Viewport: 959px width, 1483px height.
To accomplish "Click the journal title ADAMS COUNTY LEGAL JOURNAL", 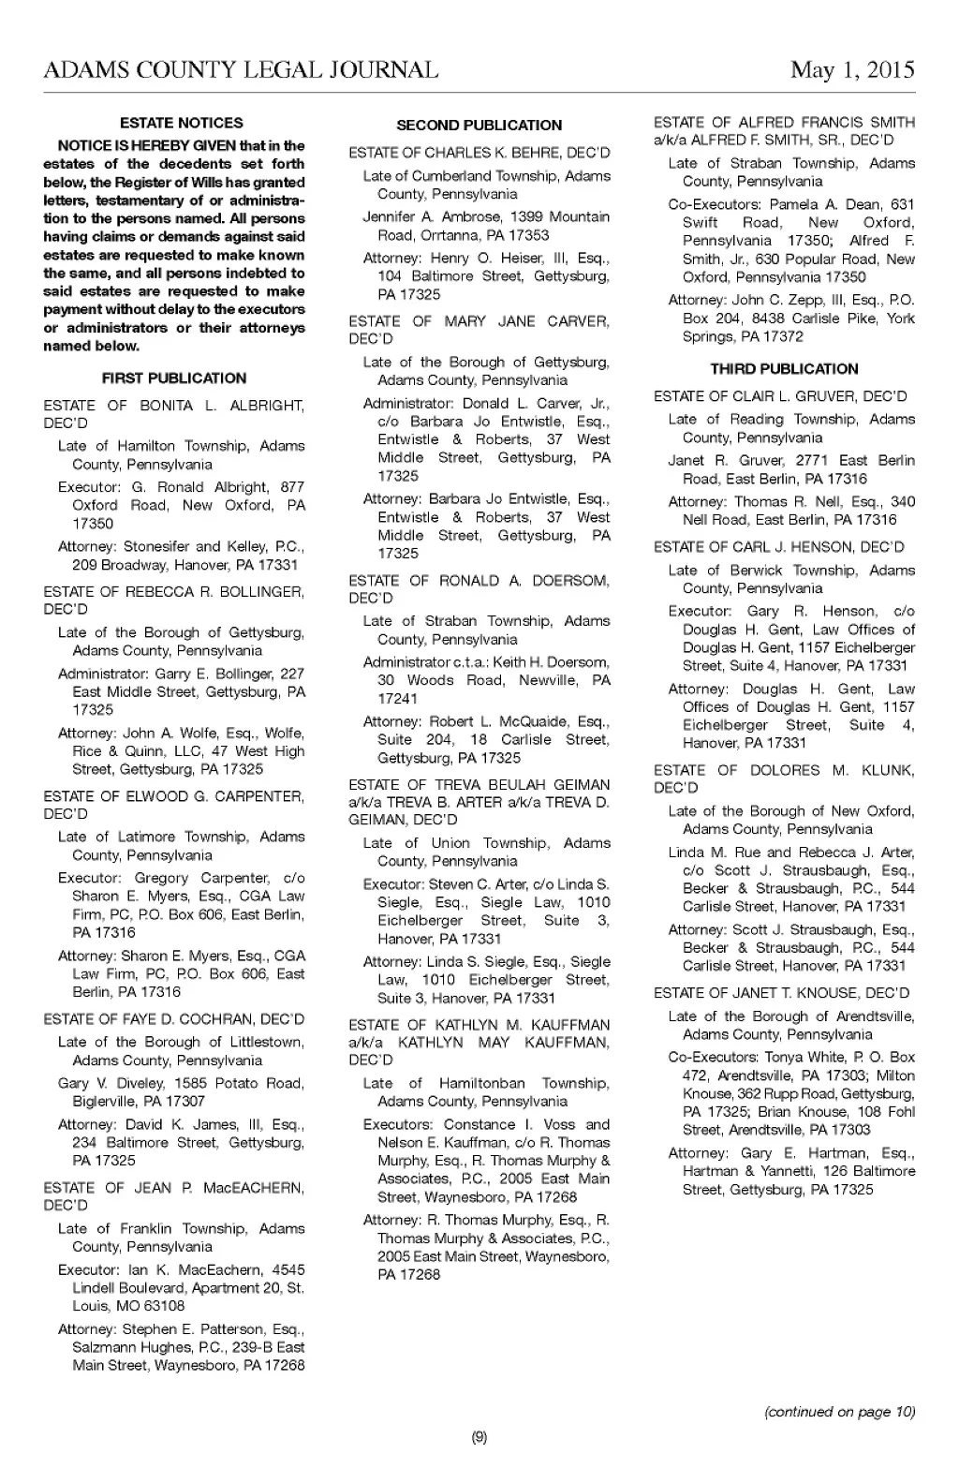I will (241, 70).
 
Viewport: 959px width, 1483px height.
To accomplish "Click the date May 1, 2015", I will (852, 70).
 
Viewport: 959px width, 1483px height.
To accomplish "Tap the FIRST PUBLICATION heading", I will (174, 378).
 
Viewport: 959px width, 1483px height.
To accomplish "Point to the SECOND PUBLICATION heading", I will (479, 126).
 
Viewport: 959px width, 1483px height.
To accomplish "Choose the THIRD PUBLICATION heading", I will (784, 369).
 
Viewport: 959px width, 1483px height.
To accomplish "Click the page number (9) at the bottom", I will (479, 1437).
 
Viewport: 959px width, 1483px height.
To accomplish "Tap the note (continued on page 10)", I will (840, 1412).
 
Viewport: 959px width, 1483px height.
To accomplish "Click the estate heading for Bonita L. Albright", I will (173, 414).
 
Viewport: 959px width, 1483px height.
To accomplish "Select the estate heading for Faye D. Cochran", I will (173, 1019).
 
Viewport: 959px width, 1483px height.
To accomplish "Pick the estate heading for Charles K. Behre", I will (479, 153).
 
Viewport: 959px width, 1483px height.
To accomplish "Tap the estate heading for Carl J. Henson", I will (778, 547).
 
